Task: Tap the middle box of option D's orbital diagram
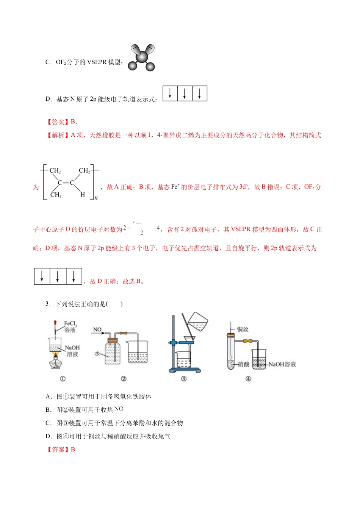185,94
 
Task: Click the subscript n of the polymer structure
96,198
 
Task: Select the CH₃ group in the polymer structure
56,195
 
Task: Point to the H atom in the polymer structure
82,195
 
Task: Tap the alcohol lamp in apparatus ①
56,363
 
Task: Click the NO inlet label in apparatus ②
97,329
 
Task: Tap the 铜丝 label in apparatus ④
243,329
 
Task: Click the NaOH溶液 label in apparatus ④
282,364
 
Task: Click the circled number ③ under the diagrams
184,379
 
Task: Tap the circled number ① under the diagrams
63,379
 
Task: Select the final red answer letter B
73,450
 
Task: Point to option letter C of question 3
48,423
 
